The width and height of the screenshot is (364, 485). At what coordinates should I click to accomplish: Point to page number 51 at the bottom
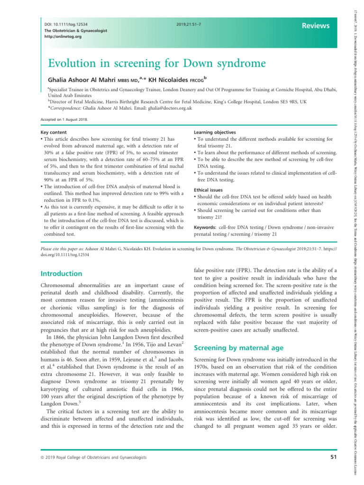324,470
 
